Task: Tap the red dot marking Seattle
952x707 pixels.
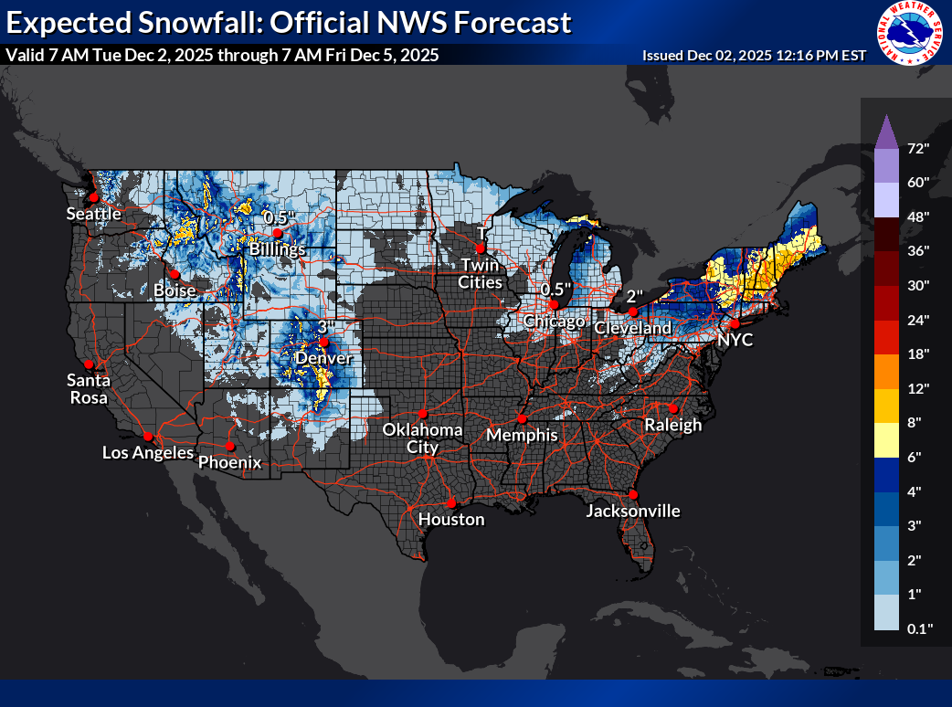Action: pos(92,197)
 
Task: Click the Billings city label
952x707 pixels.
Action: pos(279,248)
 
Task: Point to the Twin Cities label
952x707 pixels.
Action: pos(481,274)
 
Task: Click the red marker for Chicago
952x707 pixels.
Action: pos(553,304)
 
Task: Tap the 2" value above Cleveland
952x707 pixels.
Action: pos(636,296)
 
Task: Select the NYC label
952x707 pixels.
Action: pos(735,339)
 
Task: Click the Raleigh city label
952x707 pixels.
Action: pos(672,425)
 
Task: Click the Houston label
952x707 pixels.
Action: pos(451,519)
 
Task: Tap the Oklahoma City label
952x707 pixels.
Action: pos(422,438)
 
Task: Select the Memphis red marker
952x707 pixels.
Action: pos(522,418)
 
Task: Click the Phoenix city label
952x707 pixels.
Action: pos(230,462)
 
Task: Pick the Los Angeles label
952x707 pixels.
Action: pos(147,452)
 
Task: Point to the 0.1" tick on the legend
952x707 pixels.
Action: pos(918,628)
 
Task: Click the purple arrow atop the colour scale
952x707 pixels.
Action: pos(885,131)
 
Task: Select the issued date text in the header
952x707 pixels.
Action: pos(754,56)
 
